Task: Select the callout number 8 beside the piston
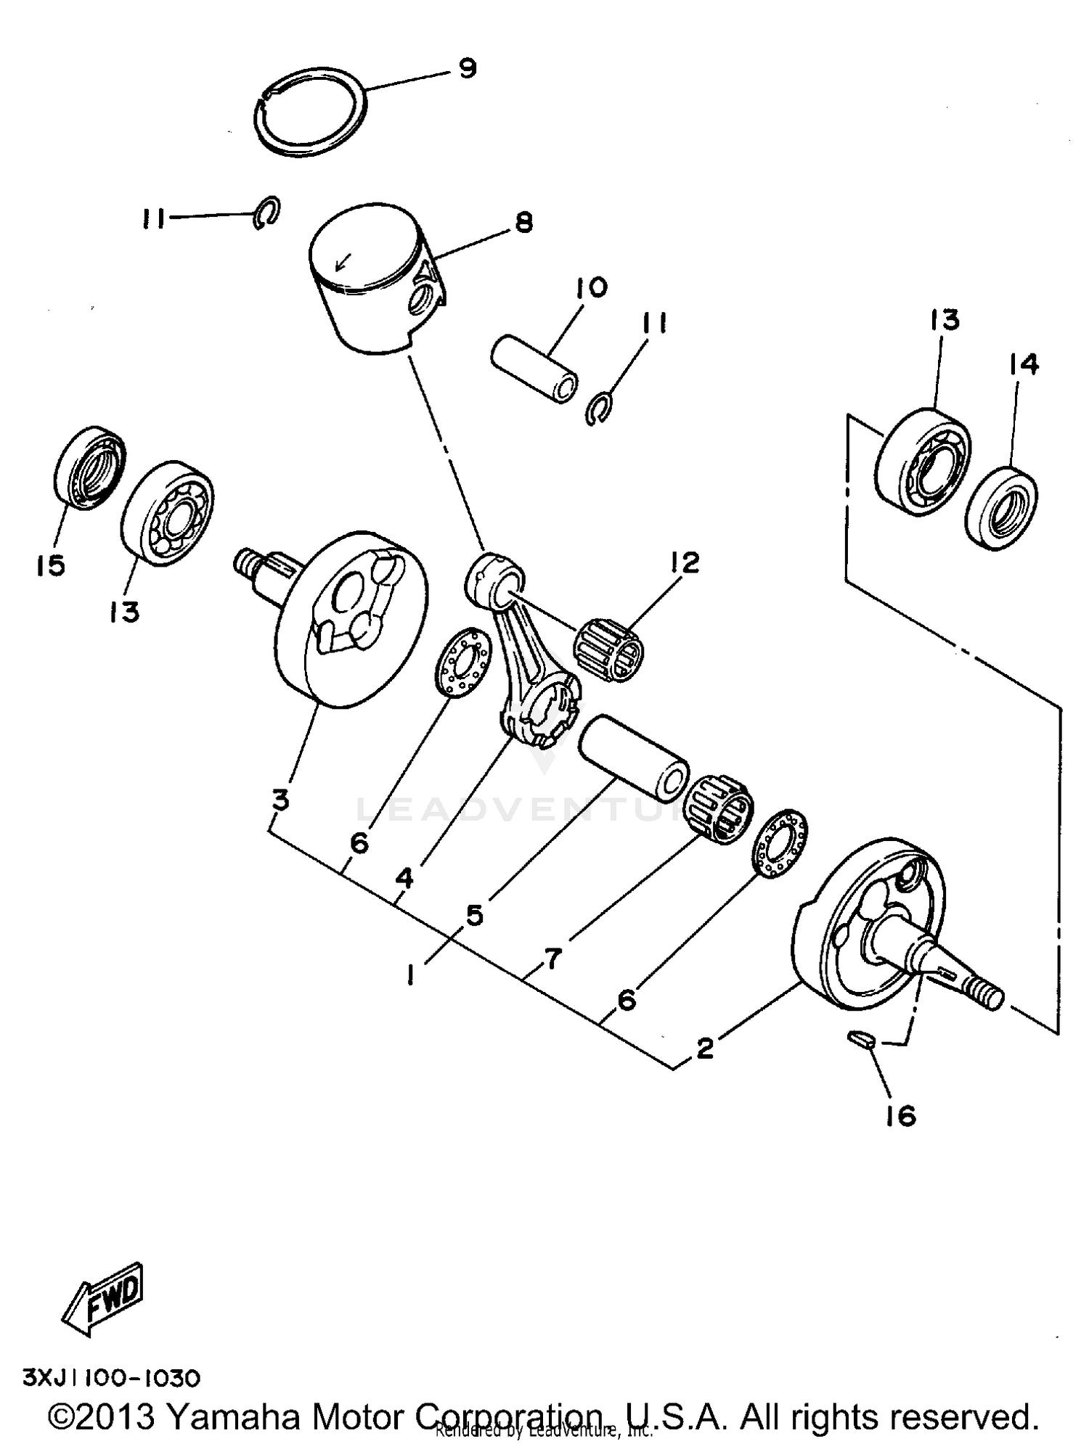point(523,223)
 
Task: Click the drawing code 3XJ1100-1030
point(111,1377)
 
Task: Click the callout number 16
point(901,1115)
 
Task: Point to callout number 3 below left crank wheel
point(280,800)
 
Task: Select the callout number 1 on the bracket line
point(411,975)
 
